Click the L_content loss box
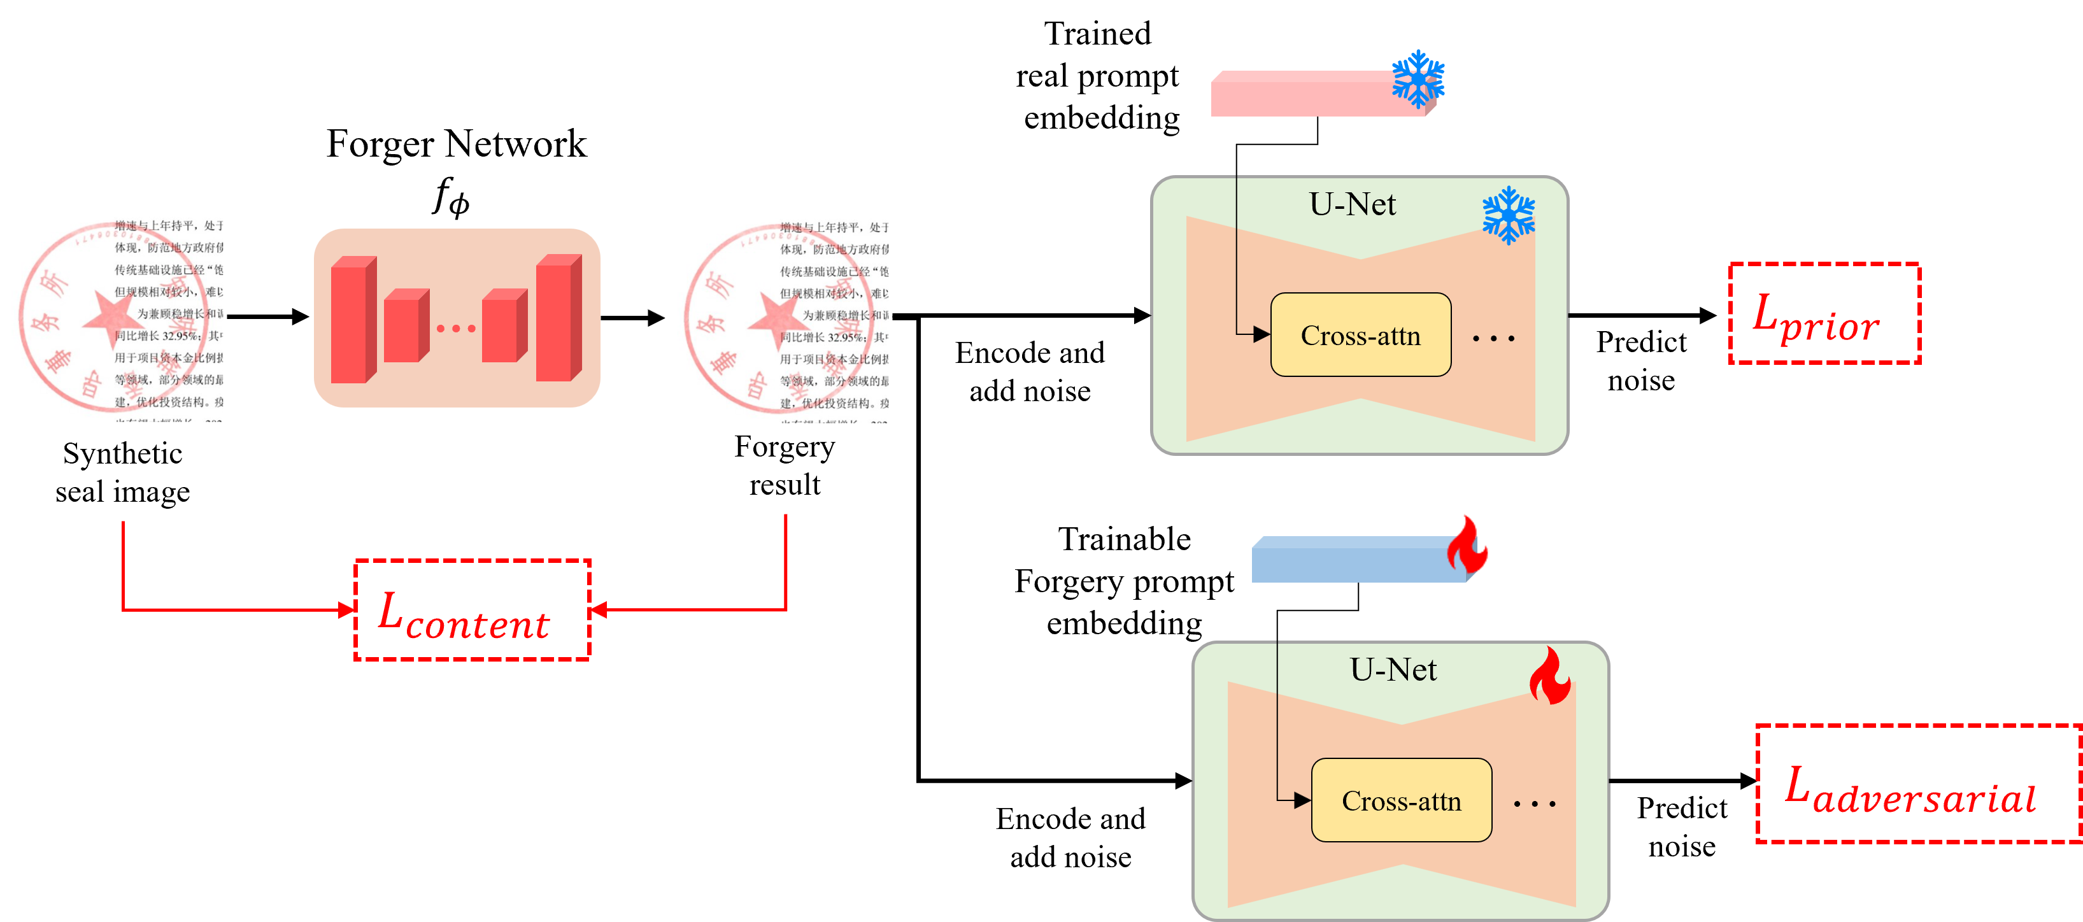point(473,610)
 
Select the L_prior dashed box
point(1824,314)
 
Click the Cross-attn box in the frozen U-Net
point(1361,335)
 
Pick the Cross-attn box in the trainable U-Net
point(1402,800)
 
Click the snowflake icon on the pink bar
point(1418,79)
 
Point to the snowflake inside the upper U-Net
point(1508,215)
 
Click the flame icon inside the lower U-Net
point(1549,676)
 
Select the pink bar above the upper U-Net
point(1318,94)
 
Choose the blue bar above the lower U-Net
point(1358,560)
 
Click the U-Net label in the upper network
point(1352,204)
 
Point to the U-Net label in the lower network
point(1393,670)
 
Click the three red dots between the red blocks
point(456,329)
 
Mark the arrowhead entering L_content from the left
point(348,610)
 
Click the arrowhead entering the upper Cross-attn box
point(1262,334)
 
